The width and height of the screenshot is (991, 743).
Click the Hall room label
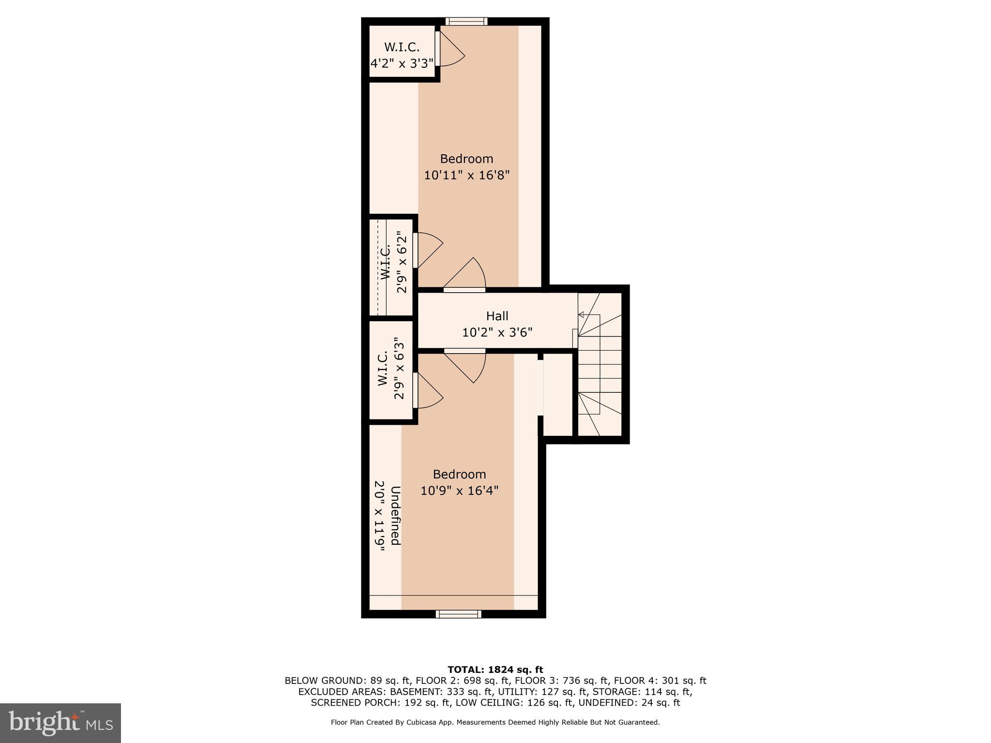click(x=497, y=316)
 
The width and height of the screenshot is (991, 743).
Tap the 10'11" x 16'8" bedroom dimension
click(x=467, y=175)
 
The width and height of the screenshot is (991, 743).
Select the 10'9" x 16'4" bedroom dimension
click(x=459, y=490)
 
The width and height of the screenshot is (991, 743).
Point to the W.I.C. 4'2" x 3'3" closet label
click(x=402, y=55)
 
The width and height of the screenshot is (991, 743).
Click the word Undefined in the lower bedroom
click(x=395, y=516)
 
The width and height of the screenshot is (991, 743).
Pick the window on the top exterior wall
click(x=466, y=21)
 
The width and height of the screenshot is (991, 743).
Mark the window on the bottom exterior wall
click(x=458, y=614)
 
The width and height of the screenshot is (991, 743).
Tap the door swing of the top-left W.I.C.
click(x=450, y=48)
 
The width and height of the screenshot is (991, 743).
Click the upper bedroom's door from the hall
click(x=465, y=275)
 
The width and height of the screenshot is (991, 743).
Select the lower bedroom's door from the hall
click(x=465, y=366)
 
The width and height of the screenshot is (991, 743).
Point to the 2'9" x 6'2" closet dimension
click(x=402, y=262)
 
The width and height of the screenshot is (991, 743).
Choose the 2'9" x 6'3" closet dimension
click(x=399, y=368)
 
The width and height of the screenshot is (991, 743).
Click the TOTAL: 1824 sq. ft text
click(x=495, y=669)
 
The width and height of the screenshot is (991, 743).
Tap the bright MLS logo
click(x=60, y=723)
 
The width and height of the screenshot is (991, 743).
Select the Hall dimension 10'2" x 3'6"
click(x=497, y=332)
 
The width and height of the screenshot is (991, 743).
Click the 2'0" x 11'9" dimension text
click(x=380, y=516)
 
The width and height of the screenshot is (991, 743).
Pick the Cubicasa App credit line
click(x=495, y=722)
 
